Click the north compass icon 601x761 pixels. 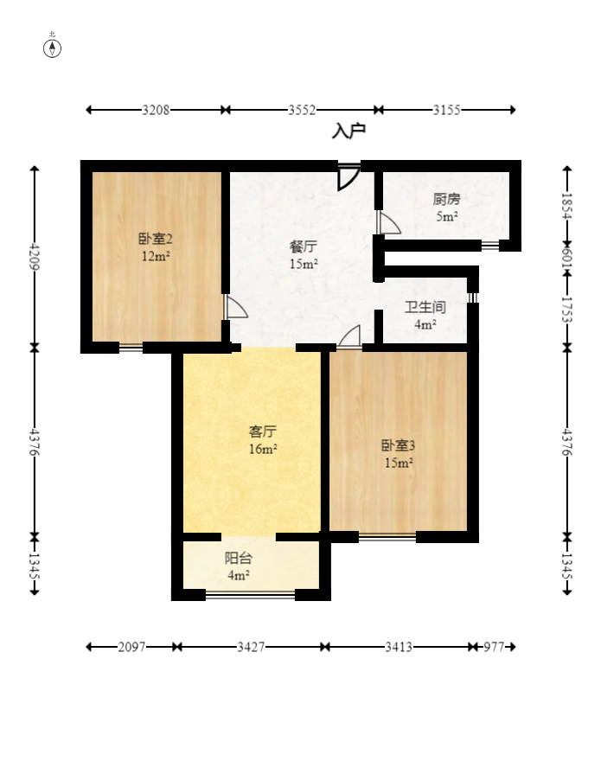click(x=53, y=48)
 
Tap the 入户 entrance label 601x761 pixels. click(x=348, y=131)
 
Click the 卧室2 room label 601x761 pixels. click(x=156, y=239)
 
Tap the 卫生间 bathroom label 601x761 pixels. click(x=425, y=307)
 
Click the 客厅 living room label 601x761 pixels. click(x=262, y=431)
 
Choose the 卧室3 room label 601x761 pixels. click(x=399, y=445)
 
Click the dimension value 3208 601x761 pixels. click(x=156, y=110)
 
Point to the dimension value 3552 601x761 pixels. click(x=302, y=110)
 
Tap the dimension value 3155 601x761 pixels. click(x=446, y=110)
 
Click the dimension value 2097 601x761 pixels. click(x=131, y=647)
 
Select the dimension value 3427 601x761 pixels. click(x=251, y=647)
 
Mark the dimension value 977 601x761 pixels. click(x=493, y=647)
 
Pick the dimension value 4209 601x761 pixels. click(x=35, y=257)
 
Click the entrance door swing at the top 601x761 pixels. click(x=348, y=176)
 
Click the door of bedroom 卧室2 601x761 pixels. click(x=235, y=307)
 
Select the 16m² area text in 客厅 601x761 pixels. click(x=263, y=449)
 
